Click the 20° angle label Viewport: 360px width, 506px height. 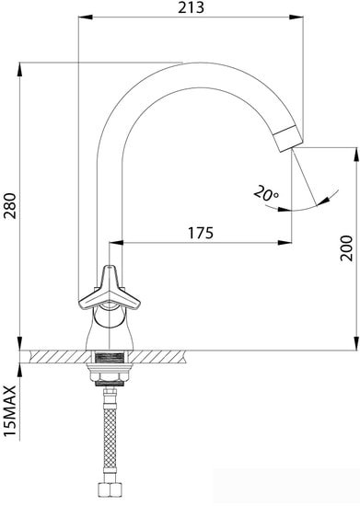[x=265, y=194]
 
